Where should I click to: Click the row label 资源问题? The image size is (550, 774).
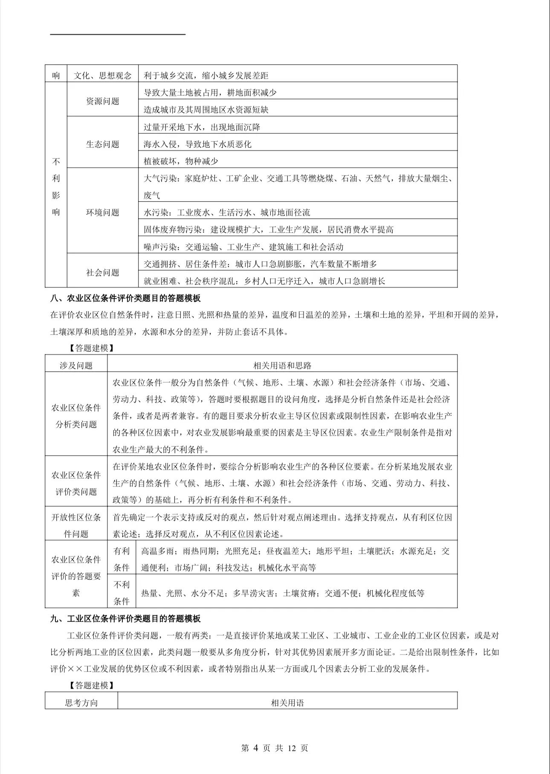click(102, 101)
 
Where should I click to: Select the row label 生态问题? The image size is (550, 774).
click(102, 144)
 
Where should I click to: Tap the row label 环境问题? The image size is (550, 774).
click(102, 212)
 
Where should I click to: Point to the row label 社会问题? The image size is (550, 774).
click(102, 272)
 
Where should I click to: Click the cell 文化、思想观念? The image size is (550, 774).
click(102, 76)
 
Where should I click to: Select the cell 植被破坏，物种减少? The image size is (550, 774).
click(181, 161)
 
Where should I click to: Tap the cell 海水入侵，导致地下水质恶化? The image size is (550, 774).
click(197, 144)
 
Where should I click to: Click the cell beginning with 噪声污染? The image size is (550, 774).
click(243, 247)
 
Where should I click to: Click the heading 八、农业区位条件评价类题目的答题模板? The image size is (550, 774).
click(125, 299)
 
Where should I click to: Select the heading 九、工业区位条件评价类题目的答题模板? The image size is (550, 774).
click(125, 618)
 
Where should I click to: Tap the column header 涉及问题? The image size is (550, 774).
click(76, 365)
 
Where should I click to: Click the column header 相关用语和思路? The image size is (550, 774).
click(282, 365)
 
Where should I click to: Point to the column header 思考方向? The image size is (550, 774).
click(81, 703)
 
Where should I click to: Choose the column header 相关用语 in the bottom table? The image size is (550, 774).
click(287, 703)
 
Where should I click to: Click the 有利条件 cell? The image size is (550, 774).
click(122, 559)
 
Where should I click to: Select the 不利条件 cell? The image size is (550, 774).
click(122, 593)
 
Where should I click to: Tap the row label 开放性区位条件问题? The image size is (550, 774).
click(76, 525)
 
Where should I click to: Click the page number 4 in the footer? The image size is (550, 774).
click(256, 748)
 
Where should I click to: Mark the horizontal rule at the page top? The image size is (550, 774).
click(118, 34)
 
